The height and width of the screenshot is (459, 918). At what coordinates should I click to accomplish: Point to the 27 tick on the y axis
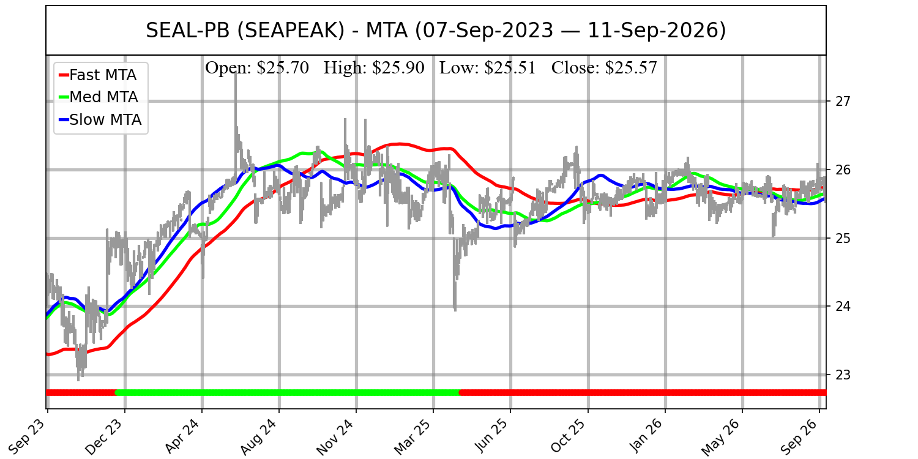pos(842,101)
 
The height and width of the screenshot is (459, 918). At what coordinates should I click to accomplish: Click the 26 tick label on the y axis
pos(842,170)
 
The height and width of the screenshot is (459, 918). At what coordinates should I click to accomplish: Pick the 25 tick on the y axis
pos(842,238)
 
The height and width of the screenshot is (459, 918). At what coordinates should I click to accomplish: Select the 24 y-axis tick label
pos(842,307)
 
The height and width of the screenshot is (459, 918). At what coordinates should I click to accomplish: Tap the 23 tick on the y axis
pos(842,375)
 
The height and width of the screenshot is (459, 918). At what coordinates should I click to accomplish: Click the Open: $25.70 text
pos(257,68)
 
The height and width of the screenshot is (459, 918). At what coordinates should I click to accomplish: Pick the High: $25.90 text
pos(374,68)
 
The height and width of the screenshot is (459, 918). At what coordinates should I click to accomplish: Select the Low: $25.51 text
pos(488,68)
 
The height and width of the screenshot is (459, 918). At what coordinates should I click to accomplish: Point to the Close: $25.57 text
pos(604,68)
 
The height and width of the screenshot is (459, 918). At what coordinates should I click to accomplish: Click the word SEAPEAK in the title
pos(291,31)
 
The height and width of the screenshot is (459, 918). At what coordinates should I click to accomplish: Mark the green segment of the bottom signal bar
pos(288,393)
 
